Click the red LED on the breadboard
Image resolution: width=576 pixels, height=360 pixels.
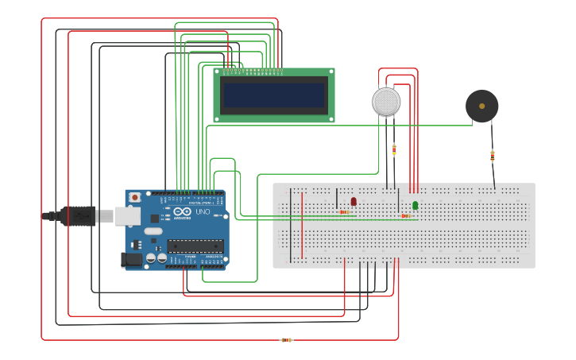coord(354,202)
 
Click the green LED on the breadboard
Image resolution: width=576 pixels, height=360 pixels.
coord(415,206)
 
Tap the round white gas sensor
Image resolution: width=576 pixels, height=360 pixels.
coord(386,102)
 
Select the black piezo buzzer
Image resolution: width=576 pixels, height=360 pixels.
coord(481,106)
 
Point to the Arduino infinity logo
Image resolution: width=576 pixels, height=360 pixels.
coord(182,211)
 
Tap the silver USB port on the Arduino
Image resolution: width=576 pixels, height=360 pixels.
coord(127,215)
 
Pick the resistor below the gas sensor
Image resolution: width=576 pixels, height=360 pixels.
coord(394,149)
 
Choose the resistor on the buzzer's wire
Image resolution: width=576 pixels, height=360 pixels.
coord(492,156)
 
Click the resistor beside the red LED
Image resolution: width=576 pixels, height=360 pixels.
coord(344,212)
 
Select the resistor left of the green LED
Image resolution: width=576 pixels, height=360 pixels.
coord(405,215)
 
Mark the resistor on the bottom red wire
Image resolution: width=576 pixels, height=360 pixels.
coord(286,340)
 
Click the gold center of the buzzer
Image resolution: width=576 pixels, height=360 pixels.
coord(481,106)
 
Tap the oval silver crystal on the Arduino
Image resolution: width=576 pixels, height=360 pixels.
coord(153,231)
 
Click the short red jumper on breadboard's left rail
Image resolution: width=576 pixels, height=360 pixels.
coord(302,226)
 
